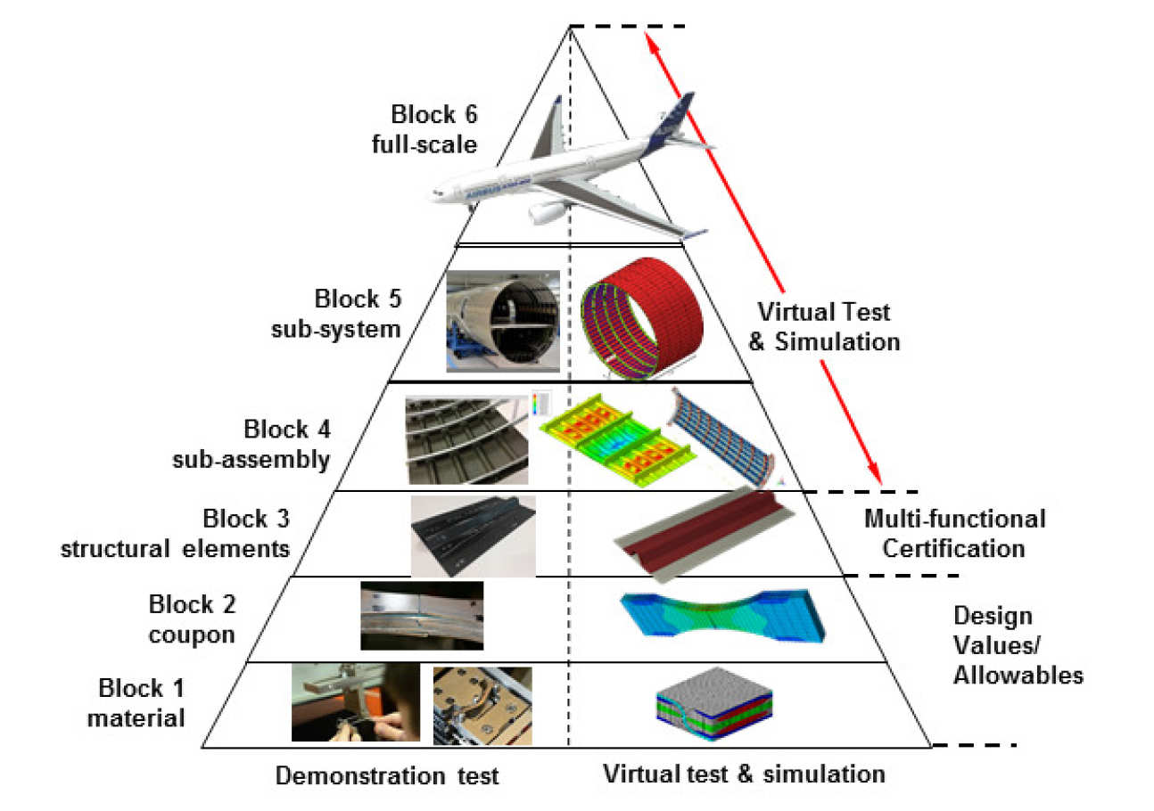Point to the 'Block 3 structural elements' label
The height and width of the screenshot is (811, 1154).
pos(176,533)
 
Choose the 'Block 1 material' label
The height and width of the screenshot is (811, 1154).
pos(137,702)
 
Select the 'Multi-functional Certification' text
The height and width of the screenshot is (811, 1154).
pos(954,533)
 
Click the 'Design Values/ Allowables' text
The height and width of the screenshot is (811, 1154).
pos(1018,645)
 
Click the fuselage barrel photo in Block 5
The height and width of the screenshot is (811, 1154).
pos(502,320)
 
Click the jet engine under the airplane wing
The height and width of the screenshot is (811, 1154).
pos(547,213)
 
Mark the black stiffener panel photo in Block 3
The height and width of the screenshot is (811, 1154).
pos(473,536)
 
